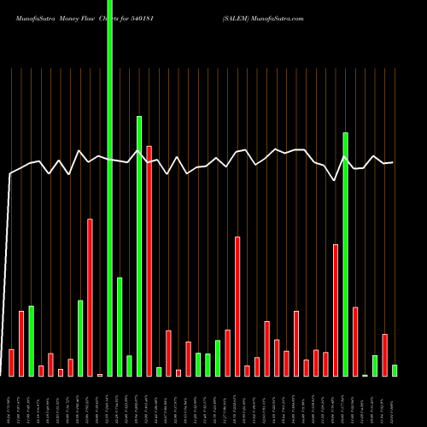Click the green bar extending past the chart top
click(x=110, y=188)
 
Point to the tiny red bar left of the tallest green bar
click(x=100, y=375)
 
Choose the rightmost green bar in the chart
click(x=395, y=371)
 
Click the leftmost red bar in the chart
click(x=11, y=362)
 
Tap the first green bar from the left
click(x=31, y=341)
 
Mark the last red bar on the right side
click(x=384, y=354)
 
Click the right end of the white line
click(x=394, y=162)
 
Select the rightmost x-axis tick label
click(x=395, y=401)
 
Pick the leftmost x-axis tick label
click(x=11, y=401)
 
